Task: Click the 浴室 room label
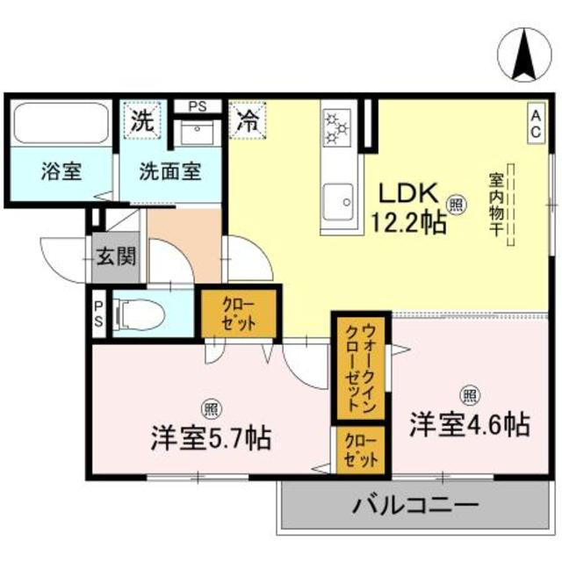[61, 171]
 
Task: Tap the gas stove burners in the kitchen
[337, 128]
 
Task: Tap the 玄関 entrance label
[116, 257]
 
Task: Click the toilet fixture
[140, 313]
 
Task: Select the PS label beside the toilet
[98, 313]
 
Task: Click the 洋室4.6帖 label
[469, 426]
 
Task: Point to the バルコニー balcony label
[416, 507]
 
